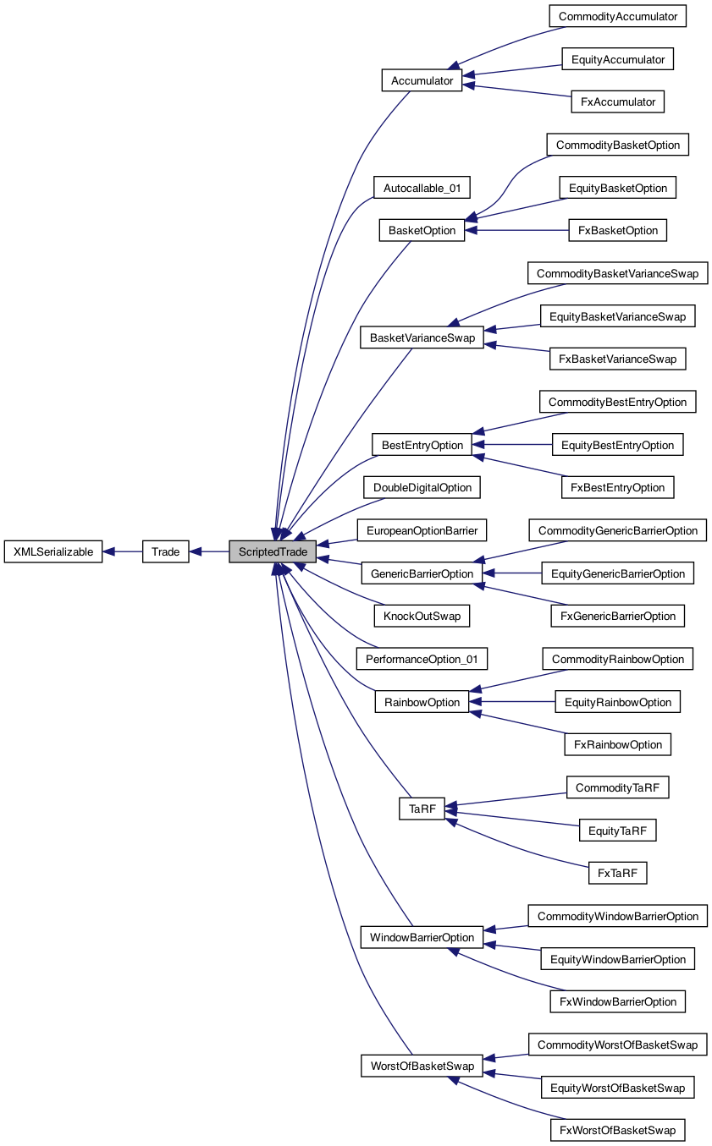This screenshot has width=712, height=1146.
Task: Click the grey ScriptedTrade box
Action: coord(273,552)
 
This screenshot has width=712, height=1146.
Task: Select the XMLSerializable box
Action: coord(53,552)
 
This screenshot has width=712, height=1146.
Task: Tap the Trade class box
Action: coord(166,552)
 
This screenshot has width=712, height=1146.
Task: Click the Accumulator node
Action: coord(422,81)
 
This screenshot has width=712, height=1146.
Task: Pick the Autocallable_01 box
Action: coord(422,188)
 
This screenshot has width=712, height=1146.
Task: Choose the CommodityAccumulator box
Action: coord(617,16)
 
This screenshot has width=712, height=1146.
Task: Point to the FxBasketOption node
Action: coord(617,230)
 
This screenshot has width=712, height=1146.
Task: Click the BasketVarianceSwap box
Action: coord(422,337)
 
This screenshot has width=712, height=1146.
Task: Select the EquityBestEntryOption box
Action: coord(617,445)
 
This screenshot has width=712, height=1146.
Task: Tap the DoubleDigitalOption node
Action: coord(422,488)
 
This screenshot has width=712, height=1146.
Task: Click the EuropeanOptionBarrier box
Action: coord(422,531)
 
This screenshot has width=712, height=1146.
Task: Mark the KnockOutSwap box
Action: coord(422,616)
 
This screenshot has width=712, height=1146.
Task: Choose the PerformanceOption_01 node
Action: coord(422,659)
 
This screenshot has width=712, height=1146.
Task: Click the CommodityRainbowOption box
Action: coord(617,659)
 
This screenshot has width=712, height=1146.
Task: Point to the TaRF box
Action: coord(422,809)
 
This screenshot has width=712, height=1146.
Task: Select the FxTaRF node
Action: coord(617,873)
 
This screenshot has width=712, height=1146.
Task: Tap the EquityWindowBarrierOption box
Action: coord(617,959)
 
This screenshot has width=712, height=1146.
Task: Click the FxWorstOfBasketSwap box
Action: coord(617,1130)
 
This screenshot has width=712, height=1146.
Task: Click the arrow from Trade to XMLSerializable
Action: coord(123,552)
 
